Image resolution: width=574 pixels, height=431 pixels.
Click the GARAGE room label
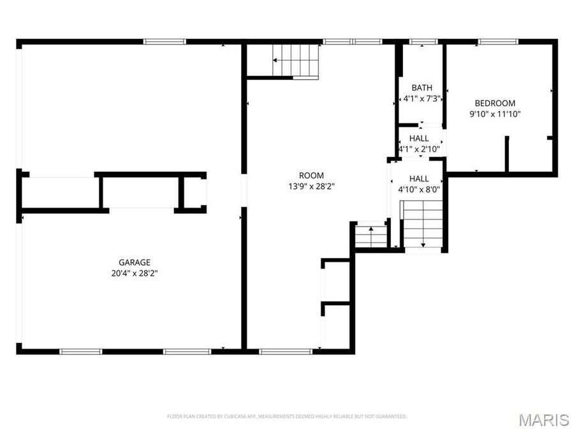(x=135, y=262)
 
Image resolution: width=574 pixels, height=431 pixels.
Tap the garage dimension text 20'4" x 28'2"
(x=135, y=273)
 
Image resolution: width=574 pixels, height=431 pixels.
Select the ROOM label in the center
(x=311, y=176)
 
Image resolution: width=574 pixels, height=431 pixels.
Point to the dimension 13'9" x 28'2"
(x=311, y=186)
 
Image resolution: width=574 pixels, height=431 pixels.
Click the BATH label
(x=422, y=88)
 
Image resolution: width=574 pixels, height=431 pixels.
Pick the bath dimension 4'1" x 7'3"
(x=422, y=99)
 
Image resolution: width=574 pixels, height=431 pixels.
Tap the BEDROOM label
(x=495, y=103)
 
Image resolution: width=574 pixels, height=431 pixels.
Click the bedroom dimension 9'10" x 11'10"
(x=495, y=114)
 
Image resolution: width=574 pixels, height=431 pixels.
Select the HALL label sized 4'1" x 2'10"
(x=419, y=139)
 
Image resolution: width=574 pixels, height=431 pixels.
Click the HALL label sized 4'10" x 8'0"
(x=419, y=179)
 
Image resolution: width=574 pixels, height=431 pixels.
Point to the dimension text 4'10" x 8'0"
(x=419, y=189)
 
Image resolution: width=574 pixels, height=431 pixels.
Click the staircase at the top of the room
(x=295, y=61)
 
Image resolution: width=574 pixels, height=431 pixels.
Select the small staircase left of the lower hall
(x=371, y=236)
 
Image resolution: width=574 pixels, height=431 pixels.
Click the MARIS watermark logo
(x=543, y=420)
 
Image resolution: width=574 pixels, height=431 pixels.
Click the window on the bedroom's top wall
(x=497, y=42)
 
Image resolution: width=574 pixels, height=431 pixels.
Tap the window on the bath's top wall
(x=420, y=42)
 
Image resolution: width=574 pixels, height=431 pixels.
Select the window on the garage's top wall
(x=164, y=42)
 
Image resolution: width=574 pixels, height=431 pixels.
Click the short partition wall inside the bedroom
(x=508, y=154)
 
